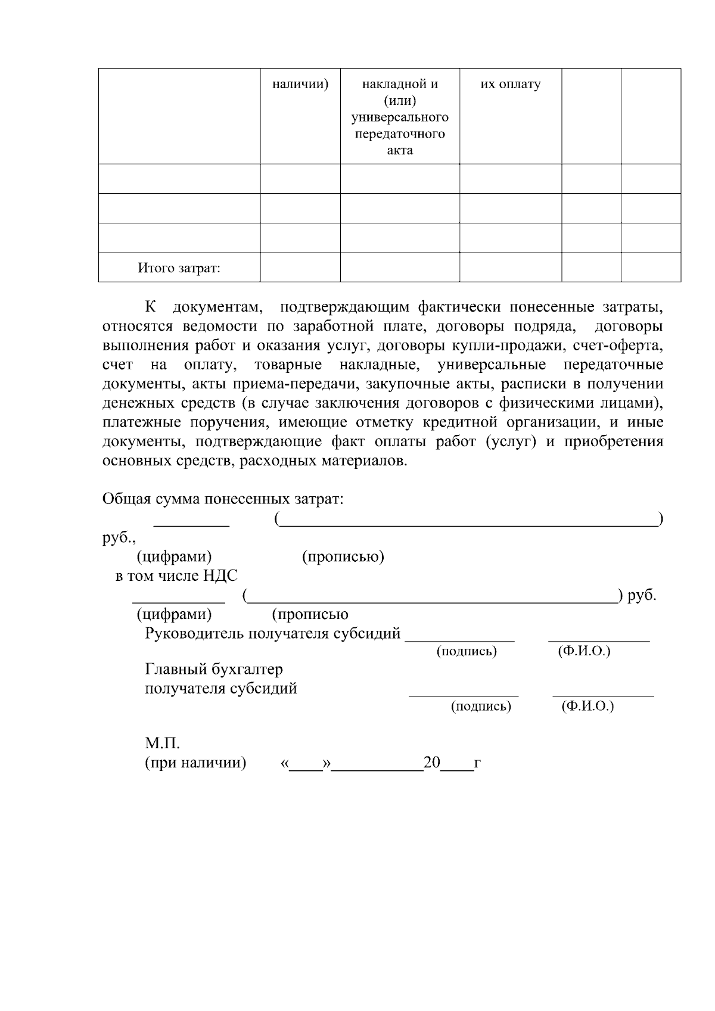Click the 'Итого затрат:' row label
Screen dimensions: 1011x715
pos(179,268)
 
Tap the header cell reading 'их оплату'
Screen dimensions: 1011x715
pos(511,84)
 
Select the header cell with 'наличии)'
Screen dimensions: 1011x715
pos(300,84)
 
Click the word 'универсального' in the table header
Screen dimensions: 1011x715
pos(400,117)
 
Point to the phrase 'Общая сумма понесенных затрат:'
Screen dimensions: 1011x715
pos(223,499)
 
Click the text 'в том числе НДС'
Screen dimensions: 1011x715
pos(176,576)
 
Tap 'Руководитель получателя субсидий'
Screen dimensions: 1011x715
pos(272,633)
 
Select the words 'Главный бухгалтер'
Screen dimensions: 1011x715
pos(214,669)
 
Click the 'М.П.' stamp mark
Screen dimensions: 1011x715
pos(162,744)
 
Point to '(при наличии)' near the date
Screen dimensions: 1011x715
pos(195,763)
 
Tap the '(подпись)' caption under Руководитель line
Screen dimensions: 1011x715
pos(467,651)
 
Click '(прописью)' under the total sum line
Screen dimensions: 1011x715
pos(343,557)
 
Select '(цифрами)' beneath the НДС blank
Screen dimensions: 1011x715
pos(174,614)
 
